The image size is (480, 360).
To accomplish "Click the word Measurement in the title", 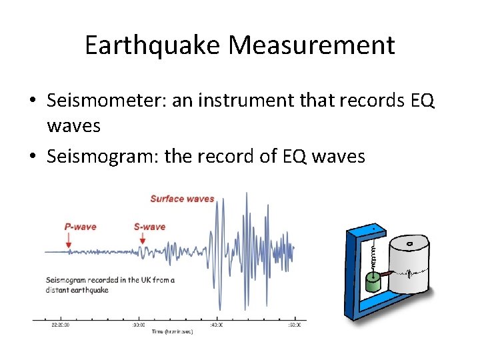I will (312, 45).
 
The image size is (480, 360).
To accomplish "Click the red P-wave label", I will (80, 227).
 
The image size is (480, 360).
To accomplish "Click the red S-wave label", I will (149, 227).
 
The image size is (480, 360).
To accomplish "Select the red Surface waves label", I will (182, 199).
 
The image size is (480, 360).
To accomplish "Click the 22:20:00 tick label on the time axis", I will (61, 325).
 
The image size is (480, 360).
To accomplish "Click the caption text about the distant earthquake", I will (110, 285).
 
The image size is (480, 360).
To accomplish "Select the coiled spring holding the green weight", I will (373, 253).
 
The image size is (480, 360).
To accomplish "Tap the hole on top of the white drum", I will (408, 244).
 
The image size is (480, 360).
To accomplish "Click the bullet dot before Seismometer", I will (32, 102).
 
